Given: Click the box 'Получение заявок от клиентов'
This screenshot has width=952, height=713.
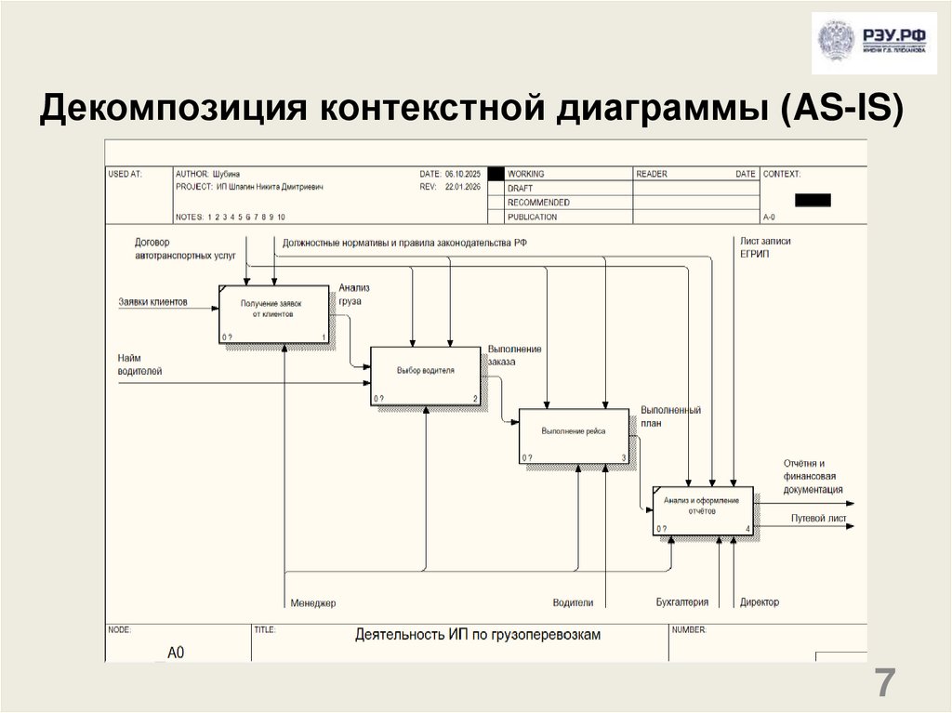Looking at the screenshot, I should [x=272, y=314].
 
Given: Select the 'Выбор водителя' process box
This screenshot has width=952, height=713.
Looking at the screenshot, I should [x=425, y=375].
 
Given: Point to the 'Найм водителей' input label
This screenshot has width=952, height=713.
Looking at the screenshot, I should [x=139, y=364].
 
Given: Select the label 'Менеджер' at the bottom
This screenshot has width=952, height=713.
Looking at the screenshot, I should [x=312, y=603].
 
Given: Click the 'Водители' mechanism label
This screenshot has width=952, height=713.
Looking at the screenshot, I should [x=573, y=603].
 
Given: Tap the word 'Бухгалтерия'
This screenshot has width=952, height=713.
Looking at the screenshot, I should [x=681, y=602].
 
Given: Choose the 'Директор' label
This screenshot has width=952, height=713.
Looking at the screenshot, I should [x=760, y=602].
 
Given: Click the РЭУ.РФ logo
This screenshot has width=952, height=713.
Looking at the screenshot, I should [x=873, y=44].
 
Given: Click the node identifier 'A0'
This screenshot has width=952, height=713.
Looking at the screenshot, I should [x=176, y=653].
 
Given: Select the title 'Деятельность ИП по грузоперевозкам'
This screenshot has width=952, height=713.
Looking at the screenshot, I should [x=478, y=636].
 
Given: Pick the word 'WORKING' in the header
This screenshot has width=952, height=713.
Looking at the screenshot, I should [x=526, y=174].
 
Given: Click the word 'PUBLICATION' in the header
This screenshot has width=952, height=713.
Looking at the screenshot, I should [x=533, y=218].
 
